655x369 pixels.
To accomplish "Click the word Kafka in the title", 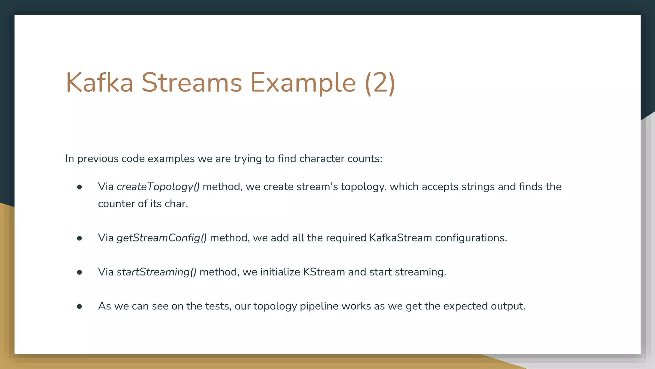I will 99,83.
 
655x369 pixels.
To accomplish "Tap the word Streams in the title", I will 192,83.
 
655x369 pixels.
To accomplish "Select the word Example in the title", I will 303,83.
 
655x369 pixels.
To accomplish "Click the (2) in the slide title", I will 380,83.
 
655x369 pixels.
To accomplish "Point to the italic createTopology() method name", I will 158,187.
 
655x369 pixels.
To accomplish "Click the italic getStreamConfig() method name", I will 162,238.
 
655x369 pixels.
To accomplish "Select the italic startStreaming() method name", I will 156,272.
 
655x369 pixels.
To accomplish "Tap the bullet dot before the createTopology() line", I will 80,187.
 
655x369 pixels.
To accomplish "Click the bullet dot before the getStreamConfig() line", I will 80,238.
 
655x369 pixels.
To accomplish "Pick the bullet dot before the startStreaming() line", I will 80,272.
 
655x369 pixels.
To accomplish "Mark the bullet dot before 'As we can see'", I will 80,307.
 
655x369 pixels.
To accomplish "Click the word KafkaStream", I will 400,238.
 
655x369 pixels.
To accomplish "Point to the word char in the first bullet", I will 176,204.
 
